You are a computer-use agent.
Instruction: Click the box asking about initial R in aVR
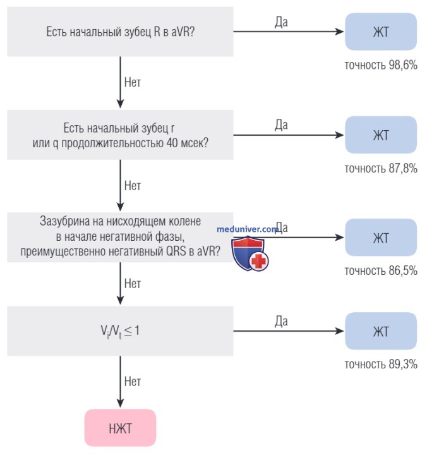click(120, 32)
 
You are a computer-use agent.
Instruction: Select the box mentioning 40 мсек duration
click(120, 135)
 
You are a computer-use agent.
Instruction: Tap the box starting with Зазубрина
click(120, 238)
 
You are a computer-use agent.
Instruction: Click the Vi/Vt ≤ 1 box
click(120, 331)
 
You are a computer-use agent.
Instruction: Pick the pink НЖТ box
click(121, 428)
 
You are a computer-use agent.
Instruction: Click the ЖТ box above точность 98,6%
click(381, 32)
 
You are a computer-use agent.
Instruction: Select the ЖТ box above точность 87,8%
click(381, 135)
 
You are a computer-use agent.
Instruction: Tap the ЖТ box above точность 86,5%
click(381, 238)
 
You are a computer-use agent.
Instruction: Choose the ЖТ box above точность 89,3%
click(381, 331)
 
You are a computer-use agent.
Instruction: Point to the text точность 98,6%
click(381, 65)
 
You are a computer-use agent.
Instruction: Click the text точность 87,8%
click(381, 168)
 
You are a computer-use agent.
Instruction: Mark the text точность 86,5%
click(381, 270)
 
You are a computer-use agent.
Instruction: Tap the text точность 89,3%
click(381, 364)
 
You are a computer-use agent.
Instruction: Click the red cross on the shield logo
click(258, 261)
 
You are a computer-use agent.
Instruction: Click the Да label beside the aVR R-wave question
click(281, 22)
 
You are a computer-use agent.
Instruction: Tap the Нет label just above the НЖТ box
click(133, 382)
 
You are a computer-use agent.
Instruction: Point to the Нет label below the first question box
click(133, 82)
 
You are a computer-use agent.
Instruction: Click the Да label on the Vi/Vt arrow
click(281, 322)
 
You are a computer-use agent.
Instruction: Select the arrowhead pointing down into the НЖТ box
click(121, 403)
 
